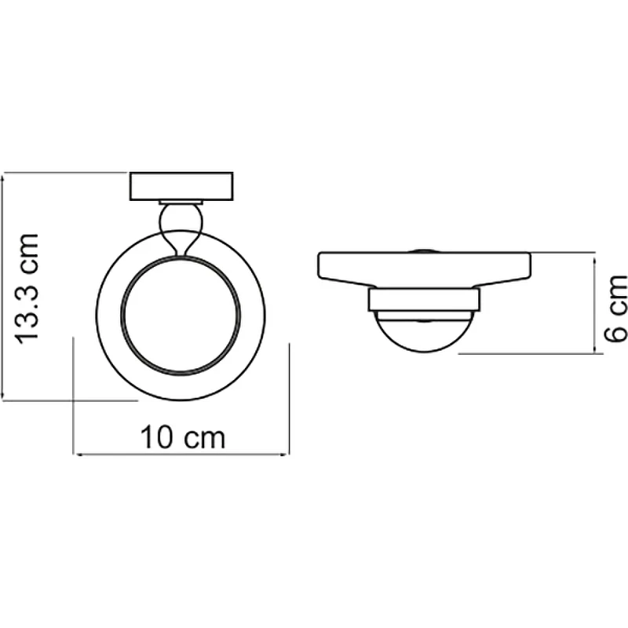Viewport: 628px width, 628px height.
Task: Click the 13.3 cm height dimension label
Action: tap(27, 288)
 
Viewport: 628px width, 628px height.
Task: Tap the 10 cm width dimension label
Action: tap(183, 438)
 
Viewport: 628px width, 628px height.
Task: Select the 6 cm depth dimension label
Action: tap(615, 309)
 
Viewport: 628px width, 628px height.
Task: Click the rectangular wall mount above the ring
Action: tap(181, 186)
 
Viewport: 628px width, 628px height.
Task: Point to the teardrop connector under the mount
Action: tap(181, 228)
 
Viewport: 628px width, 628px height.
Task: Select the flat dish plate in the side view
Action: tap(424, 269)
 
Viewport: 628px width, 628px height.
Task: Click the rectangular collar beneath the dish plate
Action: tap(424, 300)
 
